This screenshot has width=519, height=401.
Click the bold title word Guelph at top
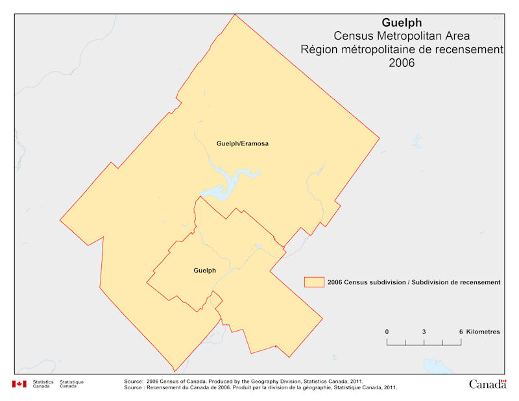[x=402, y=23]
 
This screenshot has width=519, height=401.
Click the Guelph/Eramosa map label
[x=241, y=143]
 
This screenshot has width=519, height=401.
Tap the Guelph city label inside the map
[x=204, y=270]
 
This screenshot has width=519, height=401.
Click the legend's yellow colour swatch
[x=314, y=282]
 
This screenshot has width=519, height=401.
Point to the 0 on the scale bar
[x=387, y=332]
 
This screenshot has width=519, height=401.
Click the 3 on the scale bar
[x=424, y=332]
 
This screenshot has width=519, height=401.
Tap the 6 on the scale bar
[x=461, y=332]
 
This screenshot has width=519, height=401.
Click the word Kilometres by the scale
[x=483, y=332]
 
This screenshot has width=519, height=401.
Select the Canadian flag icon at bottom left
[x=19, y=383]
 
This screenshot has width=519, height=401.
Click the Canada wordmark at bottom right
[x=487, y=383]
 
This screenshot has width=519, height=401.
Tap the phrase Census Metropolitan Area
[x=402, y=36]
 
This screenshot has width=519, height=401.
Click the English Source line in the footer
[x=243, y=381]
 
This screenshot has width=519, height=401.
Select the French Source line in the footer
[x=259, y=387]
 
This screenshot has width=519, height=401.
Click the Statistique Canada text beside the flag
[x=71, y=384]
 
